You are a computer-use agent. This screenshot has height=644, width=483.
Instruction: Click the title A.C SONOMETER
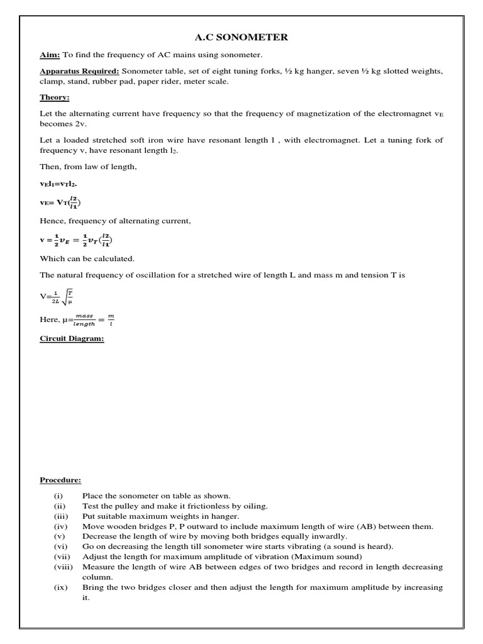(241, 38)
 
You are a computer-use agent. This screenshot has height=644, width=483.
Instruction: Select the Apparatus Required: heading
(79, 71)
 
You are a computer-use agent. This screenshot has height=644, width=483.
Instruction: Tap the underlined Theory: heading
(55, 97)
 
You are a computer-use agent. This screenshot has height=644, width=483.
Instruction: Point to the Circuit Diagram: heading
(72, 338)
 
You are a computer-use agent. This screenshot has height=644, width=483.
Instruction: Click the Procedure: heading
(60, 480)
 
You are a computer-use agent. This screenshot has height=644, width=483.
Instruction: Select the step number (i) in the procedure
(58, 496)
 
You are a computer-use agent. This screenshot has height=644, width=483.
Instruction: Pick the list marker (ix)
(60, 587)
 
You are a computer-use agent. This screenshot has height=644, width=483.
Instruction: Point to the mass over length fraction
(84, 319)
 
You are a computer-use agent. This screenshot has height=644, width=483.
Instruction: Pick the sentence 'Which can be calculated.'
(87, 258)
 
